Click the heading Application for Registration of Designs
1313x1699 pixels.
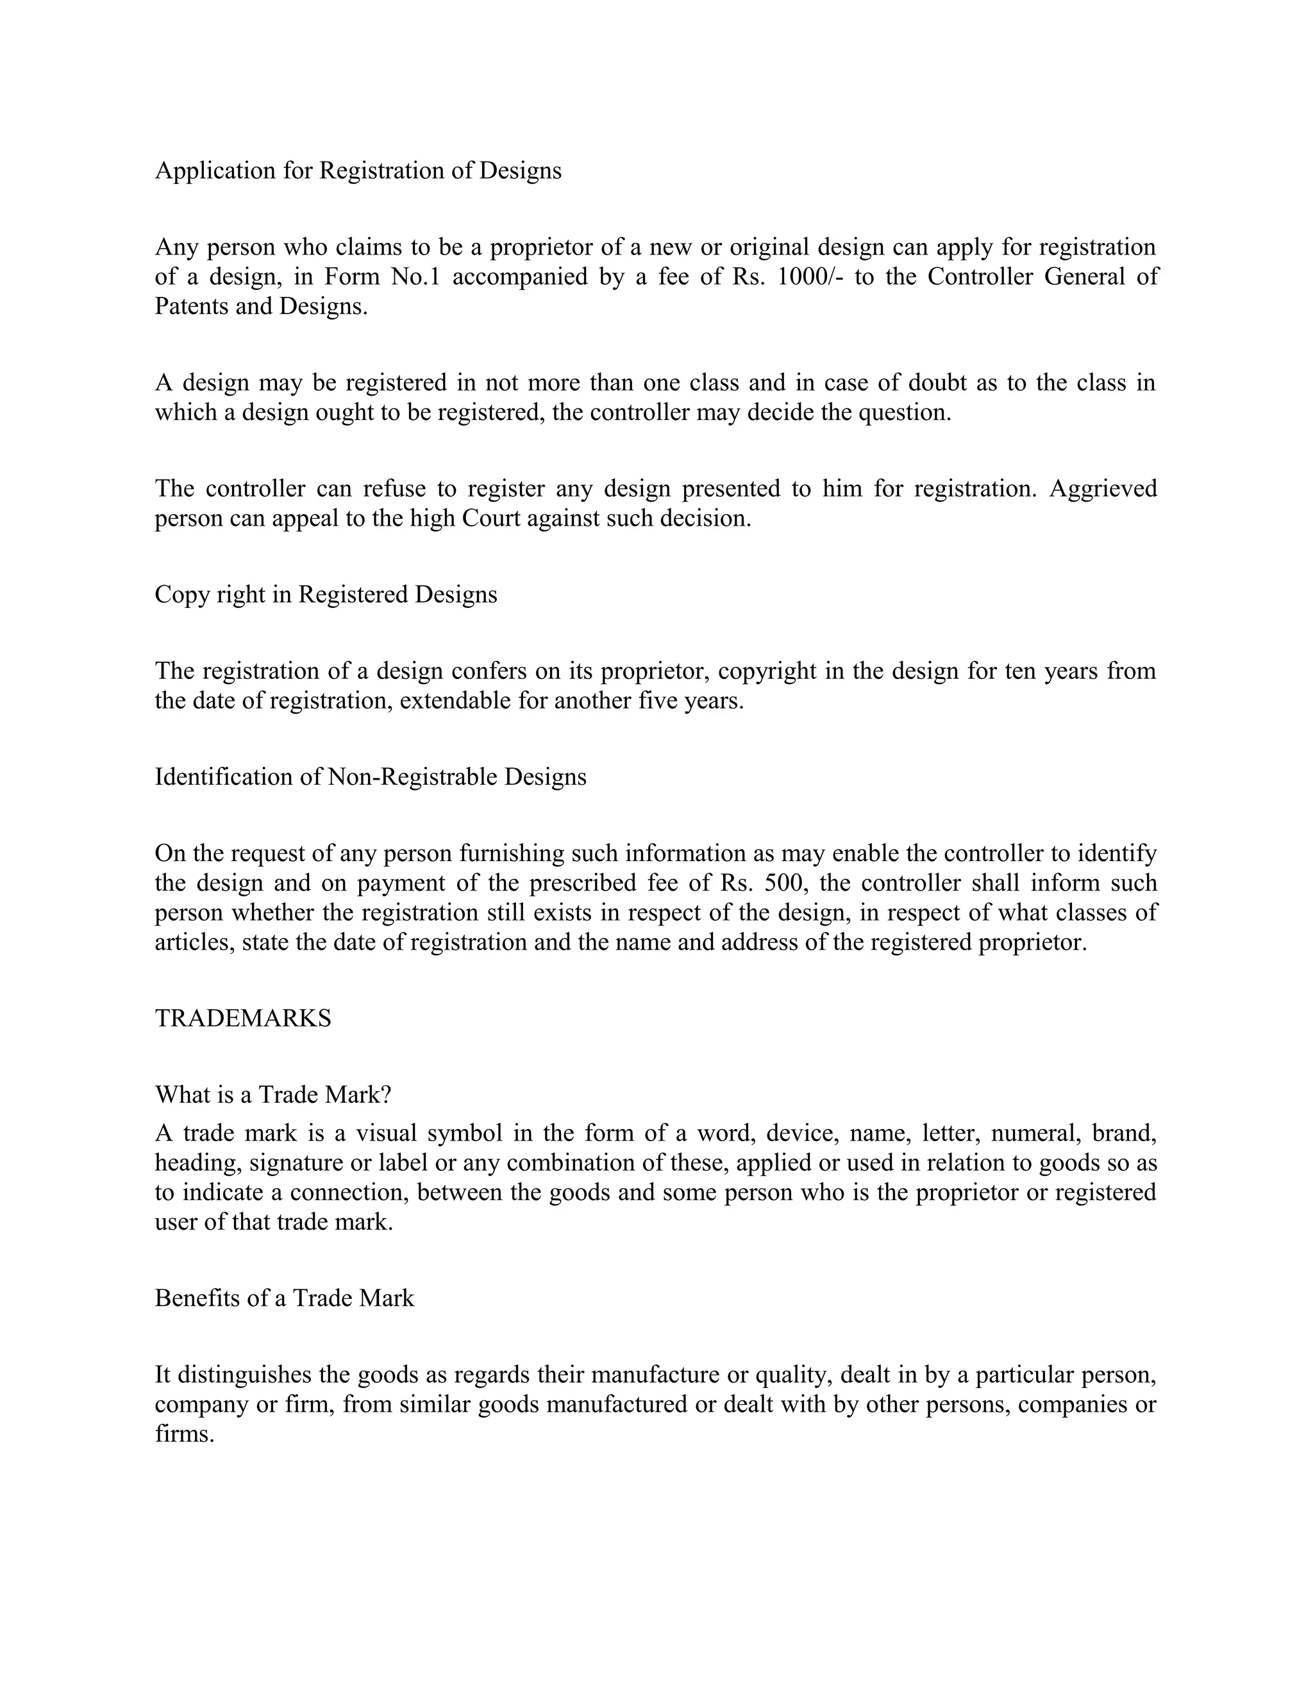tap(358, 171)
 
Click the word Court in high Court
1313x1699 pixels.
tap(491, 518)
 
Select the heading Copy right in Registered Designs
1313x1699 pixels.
tap(326, 594)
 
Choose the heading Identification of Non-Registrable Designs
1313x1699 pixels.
tap(371, 777)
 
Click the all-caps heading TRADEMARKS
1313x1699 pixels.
tap(243, 1018)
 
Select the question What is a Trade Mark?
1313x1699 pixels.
tap(273, 1095)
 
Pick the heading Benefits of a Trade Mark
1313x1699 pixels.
tap(285, 1298)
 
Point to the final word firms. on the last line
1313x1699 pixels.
tap(185, 1434)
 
